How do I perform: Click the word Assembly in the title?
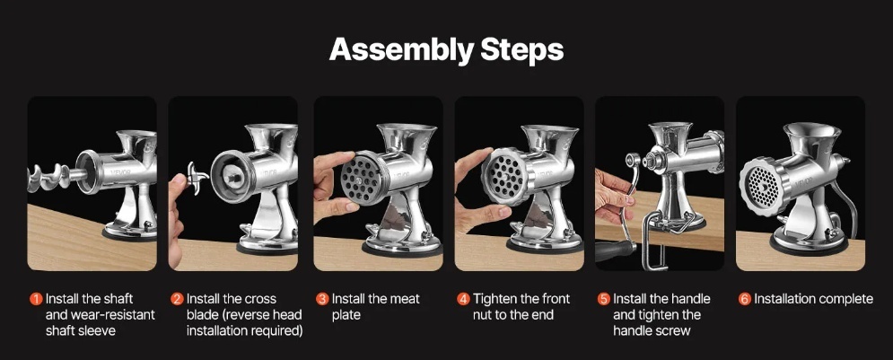click(x=401, y=50)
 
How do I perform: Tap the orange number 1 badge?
click(x=37, y=299)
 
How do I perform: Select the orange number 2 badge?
click(x=178, y=299)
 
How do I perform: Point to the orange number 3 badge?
click(x=322, y=299)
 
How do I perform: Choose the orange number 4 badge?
click(x=464, y=299)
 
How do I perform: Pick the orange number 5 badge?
click(x=604, y=299)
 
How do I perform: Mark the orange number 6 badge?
click(x=745, y=299)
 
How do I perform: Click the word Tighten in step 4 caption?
click(x=495, y=299)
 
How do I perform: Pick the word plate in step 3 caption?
click(x=346, y=315)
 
